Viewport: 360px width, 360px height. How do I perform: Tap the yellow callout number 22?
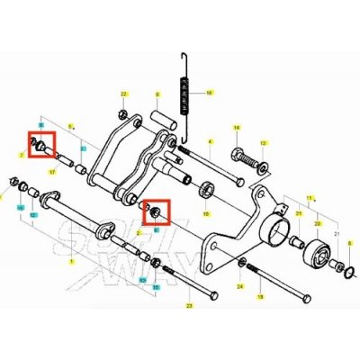point(124,94)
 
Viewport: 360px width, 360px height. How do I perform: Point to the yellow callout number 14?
point(236,129)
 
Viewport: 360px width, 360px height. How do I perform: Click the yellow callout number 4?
point(210,142)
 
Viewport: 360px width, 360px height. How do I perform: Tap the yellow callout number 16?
point(209,93)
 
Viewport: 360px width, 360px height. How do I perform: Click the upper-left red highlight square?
point(41,144)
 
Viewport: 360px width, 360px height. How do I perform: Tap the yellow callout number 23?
point(189,307)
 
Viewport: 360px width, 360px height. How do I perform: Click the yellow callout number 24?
point(240,286)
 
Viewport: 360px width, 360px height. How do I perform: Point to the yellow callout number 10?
point(206,214)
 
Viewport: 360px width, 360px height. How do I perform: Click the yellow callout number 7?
point(20,156)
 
